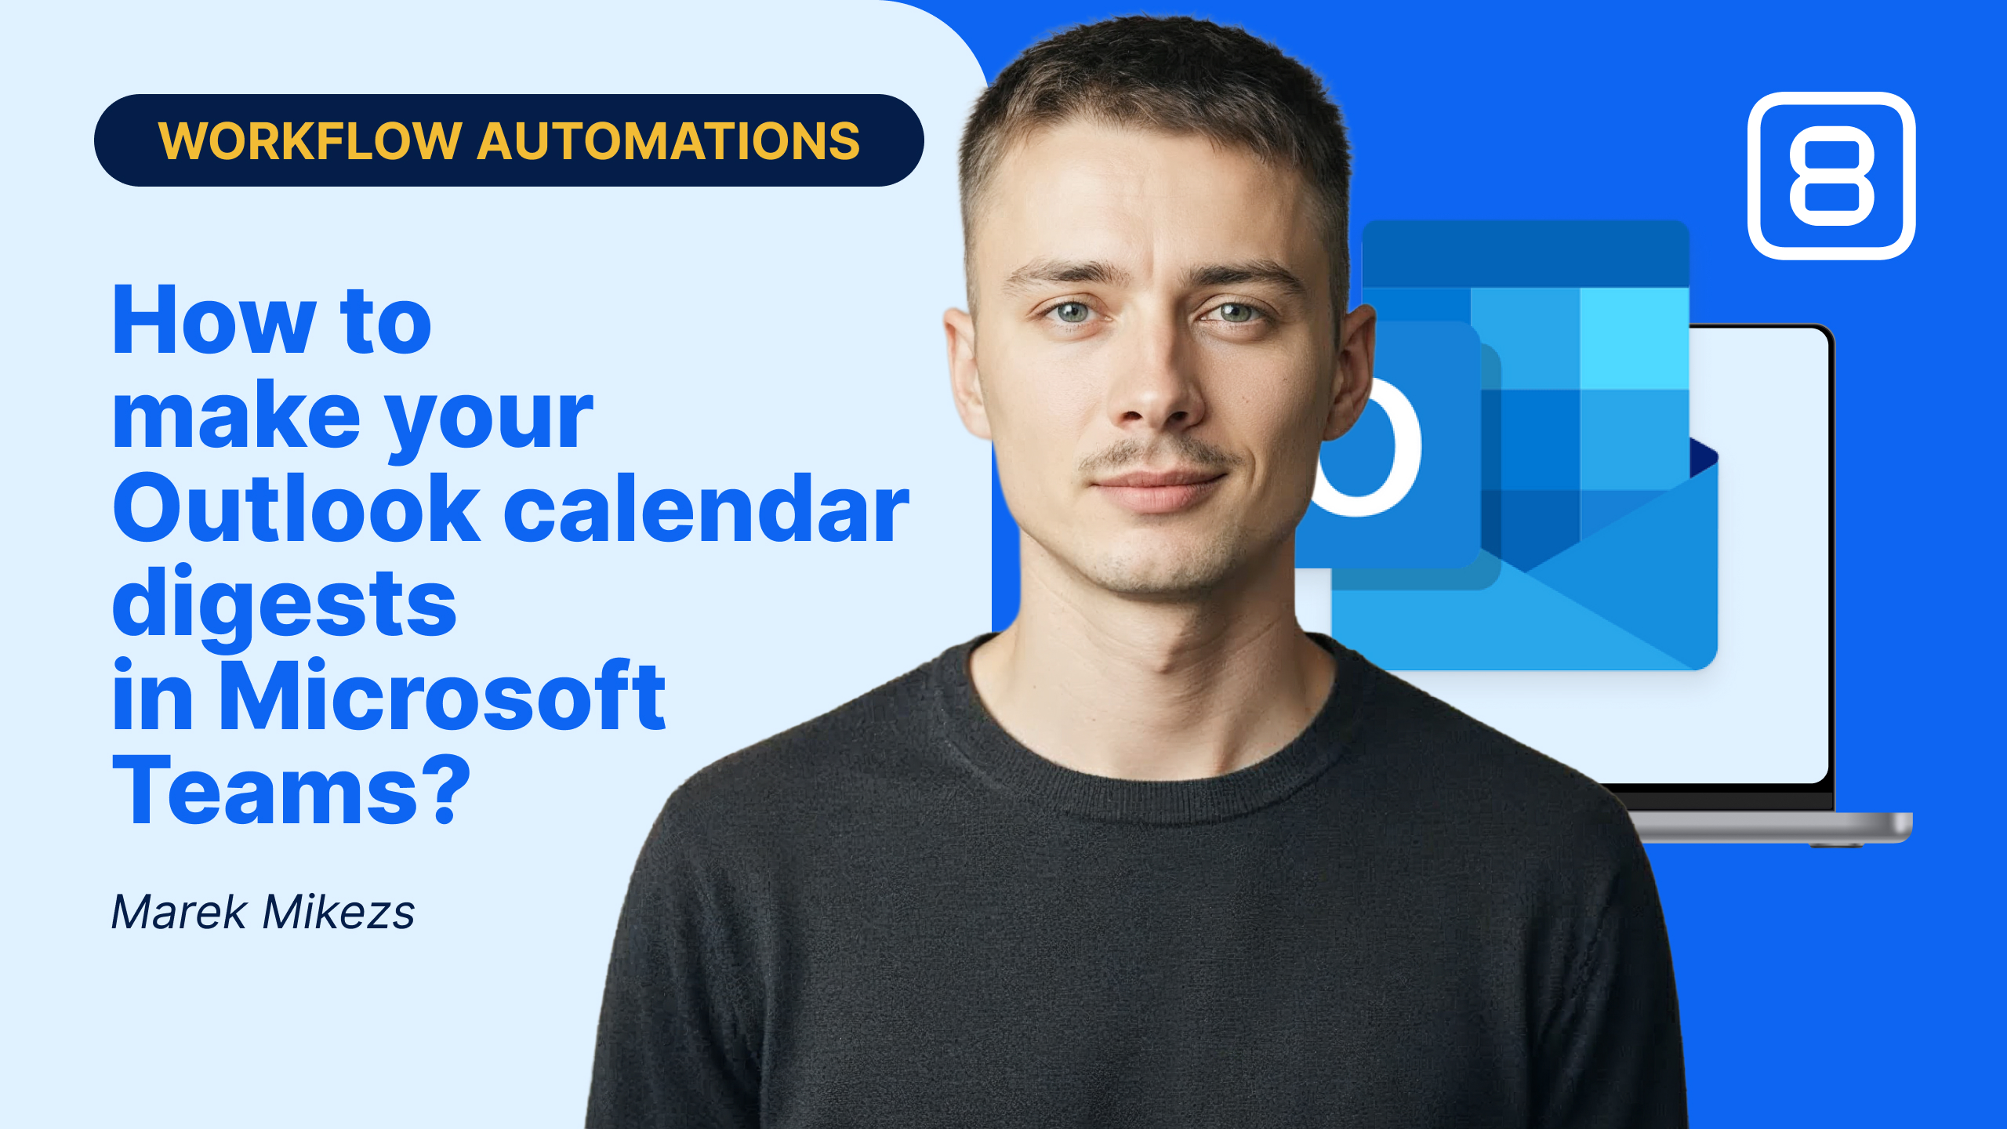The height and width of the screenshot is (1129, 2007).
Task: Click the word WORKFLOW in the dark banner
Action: [310, 141]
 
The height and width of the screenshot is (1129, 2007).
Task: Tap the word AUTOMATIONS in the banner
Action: [669, 141]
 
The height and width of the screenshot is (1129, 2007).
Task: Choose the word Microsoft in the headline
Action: [442, 695]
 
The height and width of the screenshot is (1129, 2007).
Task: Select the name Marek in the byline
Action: [180, 912]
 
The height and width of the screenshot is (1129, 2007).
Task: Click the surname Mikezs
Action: [339, 912]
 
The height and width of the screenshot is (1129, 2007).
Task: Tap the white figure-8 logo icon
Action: [1831, 176]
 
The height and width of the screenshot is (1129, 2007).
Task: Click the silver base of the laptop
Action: [1772, 828]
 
